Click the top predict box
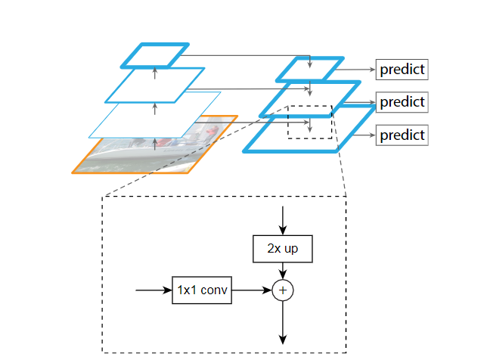point(402,70)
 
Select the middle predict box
point(402,101)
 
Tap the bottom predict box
point(402,135)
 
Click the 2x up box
point(282,248)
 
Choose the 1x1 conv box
point(202,290)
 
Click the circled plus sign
point(282,290)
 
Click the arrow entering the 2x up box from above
point(282,219)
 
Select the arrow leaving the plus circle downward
point(282,321)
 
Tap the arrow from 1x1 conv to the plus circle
point(251,290)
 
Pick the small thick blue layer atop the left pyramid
point(154,54)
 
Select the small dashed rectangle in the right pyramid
point(309,122)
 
